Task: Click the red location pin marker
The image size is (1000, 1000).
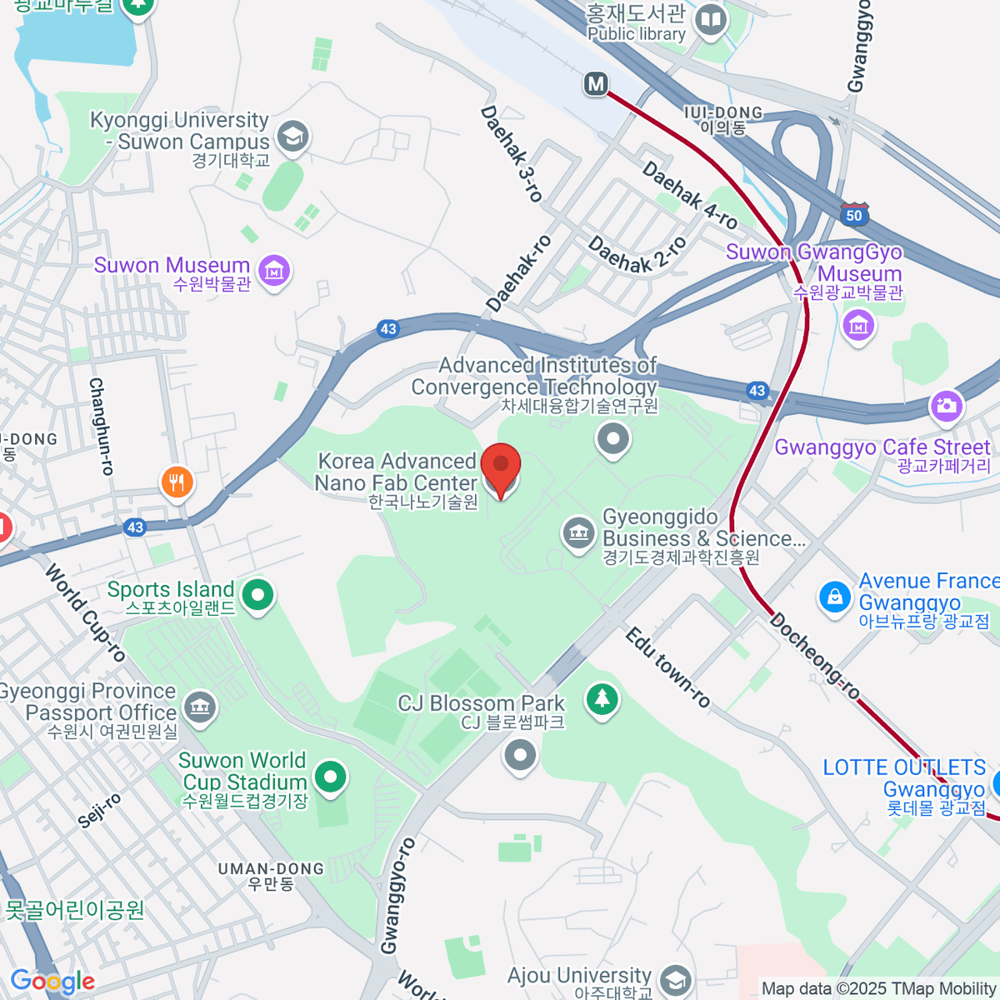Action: coord(502,467)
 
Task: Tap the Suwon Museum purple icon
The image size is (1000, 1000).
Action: coord(274,270)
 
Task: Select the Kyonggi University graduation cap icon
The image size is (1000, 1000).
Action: coord(292,136)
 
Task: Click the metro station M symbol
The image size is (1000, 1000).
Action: coord(596,83)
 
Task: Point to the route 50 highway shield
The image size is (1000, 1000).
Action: coord(854,215)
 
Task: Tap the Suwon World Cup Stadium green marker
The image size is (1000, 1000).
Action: coord(331,777)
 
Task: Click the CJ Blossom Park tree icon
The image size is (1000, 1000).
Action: coord(601,697)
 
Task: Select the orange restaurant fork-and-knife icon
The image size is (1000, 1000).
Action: coord(177,481)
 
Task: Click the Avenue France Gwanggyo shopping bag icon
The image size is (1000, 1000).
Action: coord(834,596)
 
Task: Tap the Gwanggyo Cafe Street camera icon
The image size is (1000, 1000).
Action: coord(947,406)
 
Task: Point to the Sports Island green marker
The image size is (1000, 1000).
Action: coord(257,595)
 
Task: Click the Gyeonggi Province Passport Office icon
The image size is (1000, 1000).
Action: coord(199,707)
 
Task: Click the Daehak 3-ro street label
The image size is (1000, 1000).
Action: coord(512,154)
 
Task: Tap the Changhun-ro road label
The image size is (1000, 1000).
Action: coord(101,426)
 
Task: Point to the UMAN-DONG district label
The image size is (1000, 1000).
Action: coord(271,875)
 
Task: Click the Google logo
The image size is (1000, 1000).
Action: coord(52,982)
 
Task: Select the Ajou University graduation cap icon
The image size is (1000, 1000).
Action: coord(676,980)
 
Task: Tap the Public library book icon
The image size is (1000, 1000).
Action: coord(710,20)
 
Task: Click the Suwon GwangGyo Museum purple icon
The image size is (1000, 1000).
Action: coord(857,324)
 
